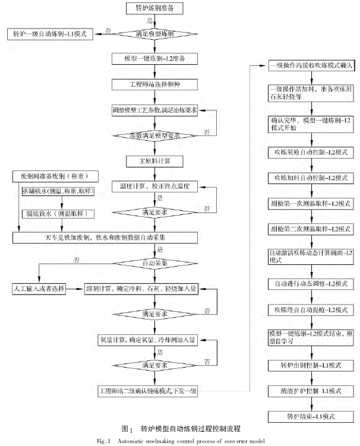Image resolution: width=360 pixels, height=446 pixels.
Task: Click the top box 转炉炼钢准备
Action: pyautogui.click(x=157, y=9)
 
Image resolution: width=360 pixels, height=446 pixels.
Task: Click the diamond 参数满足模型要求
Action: pyautogui.click(x=157, y=136)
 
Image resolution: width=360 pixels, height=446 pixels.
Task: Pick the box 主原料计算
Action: pyautogui.click(x=157, y=161)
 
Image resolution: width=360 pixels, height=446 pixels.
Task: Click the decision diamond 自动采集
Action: pyautogui.click(x=157, y=262)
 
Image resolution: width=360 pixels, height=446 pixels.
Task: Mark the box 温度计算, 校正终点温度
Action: pyautogui.click(x=157, y=186)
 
